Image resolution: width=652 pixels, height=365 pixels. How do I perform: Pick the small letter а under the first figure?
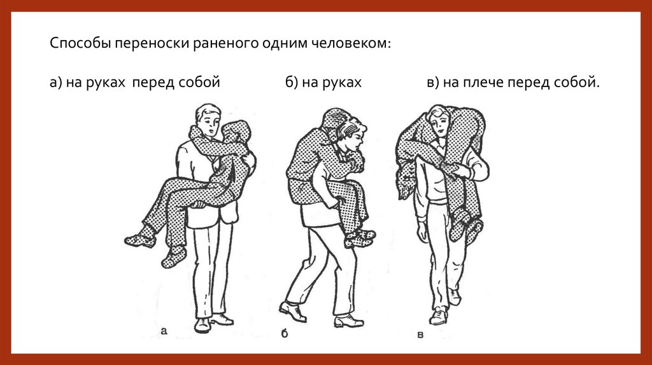pos(164,331)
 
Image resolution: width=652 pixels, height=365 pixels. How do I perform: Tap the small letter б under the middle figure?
pos(285,333)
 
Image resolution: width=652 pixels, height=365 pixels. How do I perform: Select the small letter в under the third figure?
pos(420,334)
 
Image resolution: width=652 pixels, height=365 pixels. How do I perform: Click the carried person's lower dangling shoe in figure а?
pos(173,258)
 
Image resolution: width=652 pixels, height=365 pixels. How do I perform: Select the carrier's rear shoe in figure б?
pos(293,311)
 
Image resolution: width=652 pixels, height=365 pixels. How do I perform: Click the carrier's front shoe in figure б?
pos(349,320)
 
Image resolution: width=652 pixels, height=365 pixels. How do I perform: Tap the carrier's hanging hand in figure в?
pos(422,233)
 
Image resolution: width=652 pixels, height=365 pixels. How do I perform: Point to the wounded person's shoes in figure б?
pos(359,238)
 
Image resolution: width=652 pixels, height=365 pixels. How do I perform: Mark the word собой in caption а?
pos(199,83)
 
